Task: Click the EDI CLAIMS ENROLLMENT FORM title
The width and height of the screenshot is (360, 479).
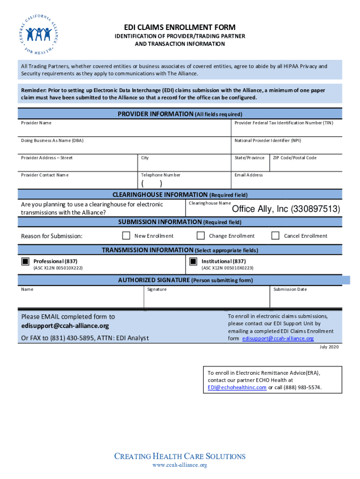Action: [180, 27]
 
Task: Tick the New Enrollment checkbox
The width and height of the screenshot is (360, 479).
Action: [126, 235]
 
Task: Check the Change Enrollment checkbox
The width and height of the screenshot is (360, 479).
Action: [201, 235]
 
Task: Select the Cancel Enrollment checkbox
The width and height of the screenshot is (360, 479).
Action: [275, 235]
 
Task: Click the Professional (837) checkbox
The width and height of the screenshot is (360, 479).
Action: [25, 261]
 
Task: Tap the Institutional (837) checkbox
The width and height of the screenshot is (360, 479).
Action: [193, 261]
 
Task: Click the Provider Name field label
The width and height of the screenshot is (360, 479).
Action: [36, 123]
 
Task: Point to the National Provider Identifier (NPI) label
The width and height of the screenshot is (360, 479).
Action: [267, 140]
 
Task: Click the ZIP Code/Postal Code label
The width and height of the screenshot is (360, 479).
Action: [295, 158]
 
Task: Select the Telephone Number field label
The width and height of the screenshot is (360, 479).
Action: [160, 175]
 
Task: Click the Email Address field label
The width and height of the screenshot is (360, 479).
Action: [248, 175]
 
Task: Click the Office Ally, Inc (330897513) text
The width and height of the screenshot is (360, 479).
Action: [286, 209]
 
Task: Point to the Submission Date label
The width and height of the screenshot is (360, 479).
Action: [290, 289]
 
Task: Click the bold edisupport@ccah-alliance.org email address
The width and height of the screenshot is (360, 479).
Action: [65, 326]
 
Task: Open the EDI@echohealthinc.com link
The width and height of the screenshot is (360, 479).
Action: [237, 387]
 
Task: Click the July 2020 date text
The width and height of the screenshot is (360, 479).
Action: [329, 347]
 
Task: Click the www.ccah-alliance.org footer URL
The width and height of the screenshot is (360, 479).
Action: [180, 465]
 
